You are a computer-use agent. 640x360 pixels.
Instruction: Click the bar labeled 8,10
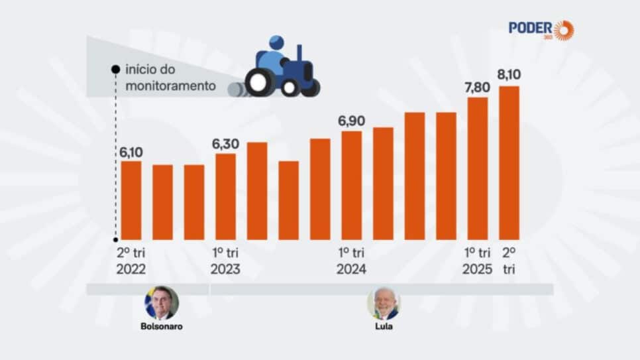click(509, 162)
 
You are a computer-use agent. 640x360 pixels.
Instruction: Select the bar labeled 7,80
click(478, 168)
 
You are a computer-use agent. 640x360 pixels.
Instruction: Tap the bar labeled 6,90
click(352, 185)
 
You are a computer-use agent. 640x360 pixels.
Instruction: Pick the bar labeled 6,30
click(226, 196)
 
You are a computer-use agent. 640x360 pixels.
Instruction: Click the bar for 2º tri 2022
click(131, 200)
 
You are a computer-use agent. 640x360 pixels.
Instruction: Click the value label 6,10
click(131, 152)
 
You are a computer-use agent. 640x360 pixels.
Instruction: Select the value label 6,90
click(352, 121)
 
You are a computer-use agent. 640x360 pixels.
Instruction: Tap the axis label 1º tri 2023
click(225, 261)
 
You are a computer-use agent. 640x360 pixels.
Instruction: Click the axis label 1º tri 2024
click(351, 261)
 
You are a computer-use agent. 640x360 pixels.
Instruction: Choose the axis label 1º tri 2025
click(477, 261)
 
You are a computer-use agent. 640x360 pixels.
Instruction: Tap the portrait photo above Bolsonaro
click(161, 303)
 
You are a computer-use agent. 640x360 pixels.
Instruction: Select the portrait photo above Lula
click(383, 304)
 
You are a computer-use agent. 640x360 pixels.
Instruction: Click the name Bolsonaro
click(161, 326)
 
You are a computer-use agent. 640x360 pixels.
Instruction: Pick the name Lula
click(383, 326)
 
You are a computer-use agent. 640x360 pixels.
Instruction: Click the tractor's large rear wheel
click(259, 82)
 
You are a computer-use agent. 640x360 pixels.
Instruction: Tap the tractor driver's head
click(276, 43)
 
